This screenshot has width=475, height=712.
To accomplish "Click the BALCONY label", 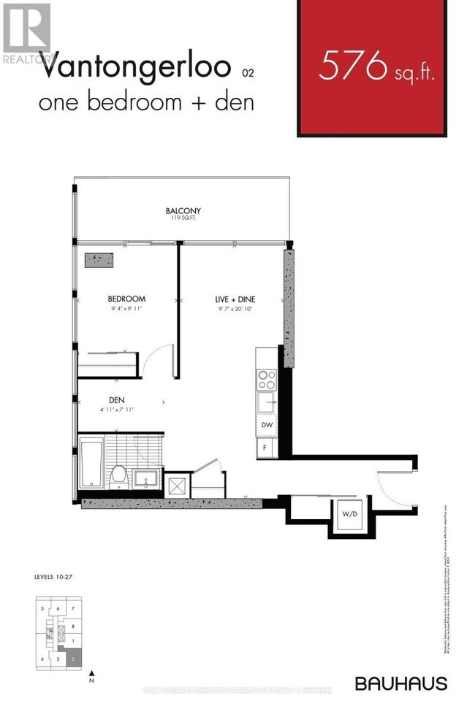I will pos(183,212).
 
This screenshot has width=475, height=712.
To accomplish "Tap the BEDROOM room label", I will pos(126,299).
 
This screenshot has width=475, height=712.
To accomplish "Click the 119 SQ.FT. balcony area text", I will pos(183,219).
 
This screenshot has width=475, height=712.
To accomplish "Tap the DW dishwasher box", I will pos(266,424).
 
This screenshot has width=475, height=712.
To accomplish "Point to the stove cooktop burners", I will pos(267,380).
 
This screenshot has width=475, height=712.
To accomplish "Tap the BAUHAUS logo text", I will pos(401,684).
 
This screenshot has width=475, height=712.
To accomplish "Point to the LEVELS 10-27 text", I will pos(54,577).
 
